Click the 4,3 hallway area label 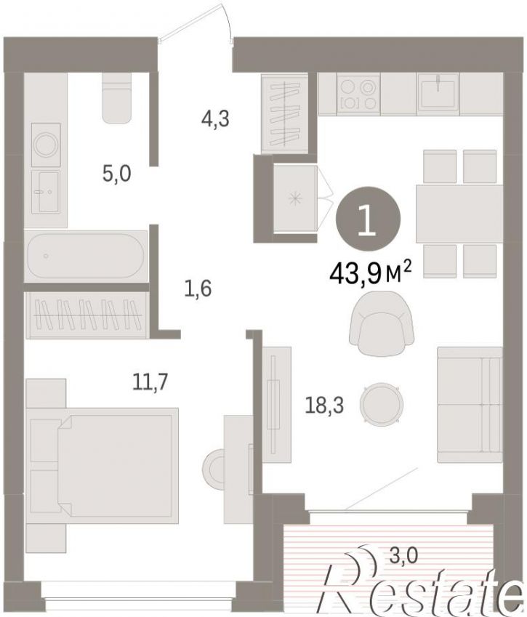[215, 118]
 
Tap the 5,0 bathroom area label [116, 174]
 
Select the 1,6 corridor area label [198, 289]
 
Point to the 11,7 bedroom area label [150, 382]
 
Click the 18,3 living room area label [324, 406]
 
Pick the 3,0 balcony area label [403, 557]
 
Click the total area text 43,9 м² [371, 273]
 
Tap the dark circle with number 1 [368, 219]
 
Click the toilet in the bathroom [116, 97]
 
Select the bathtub [86, 256]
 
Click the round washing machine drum [47, 145]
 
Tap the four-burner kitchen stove [358, 94]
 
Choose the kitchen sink [438, 94]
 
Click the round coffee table [382, 403]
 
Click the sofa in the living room [470, 405]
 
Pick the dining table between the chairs [459, 214]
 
